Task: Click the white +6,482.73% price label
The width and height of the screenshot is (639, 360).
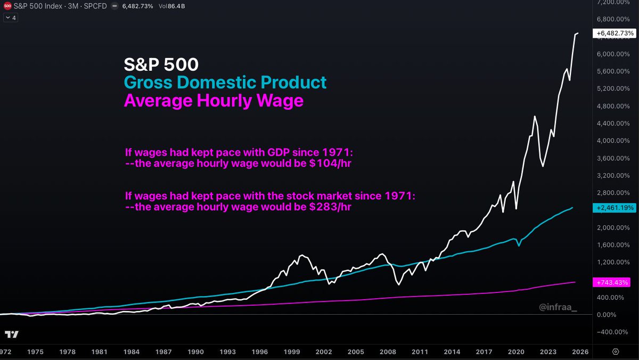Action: point(615,34)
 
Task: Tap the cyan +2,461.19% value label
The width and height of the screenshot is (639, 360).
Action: point(615,207)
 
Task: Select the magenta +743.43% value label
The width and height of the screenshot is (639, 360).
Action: point(615,282)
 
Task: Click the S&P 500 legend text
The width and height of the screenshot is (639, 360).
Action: point(161,64)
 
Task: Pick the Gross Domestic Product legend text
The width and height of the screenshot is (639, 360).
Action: point(225,83)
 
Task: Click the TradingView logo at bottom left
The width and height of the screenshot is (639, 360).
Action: point(12,334)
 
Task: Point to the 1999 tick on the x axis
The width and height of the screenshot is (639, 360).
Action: point(292,352)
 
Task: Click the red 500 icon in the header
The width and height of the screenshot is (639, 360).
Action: point(6,6)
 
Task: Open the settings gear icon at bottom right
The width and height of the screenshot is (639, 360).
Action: point(616,352)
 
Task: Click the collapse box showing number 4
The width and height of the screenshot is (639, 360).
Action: point(10,18)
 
